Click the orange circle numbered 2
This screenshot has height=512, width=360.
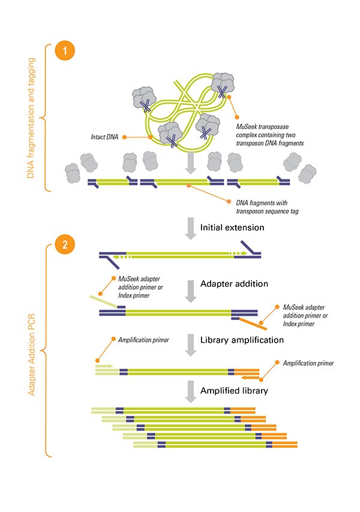[64, 245]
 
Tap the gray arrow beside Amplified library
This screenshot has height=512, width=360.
[190, 391]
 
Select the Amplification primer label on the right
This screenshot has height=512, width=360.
[308, 363]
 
